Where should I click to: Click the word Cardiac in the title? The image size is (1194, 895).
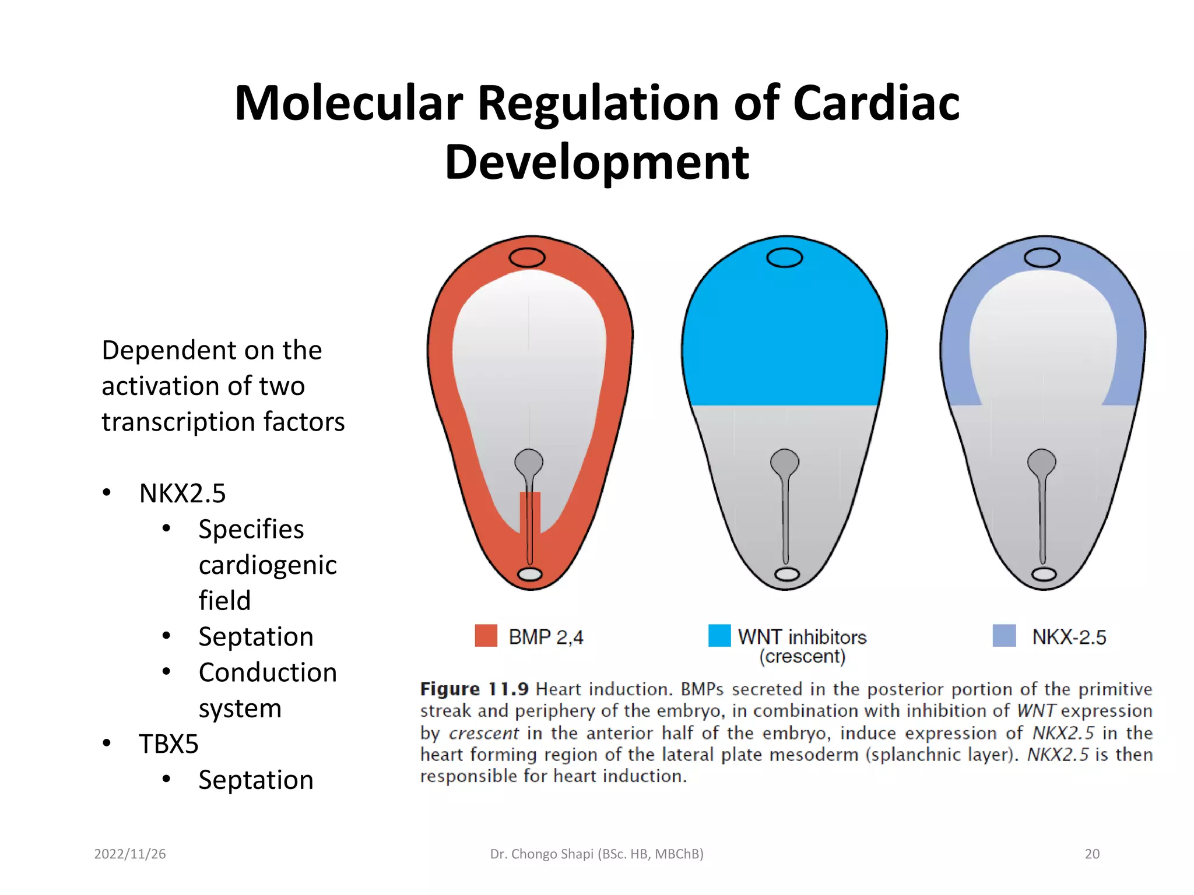[876, 103]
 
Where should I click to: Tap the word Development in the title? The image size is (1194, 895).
[596, 163]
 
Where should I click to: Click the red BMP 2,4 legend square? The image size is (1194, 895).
[486, 636]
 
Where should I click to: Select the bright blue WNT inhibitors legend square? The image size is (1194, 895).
[719, 636]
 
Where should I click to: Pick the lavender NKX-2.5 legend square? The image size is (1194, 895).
[1004, 636]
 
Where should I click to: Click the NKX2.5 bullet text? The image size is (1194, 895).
[182, 494]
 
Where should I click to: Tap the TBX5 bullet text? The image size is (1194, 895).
[168, 744]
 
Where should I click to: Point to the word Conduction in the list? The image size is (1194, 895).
[268, 672]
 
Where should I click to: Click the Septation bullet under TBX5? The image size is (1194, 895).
[256, 780]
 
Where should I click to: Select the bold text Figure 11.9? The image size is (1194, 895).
[474, 689]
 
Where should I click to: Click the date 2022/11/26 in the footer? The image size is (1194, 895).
[130, 854]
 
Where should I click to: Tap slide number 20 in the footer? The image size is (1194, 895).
[1091, 854]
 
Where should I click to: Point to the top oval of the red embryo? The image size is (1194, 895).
[527, 258]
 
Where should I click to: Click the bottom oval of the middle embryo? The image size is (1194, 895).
[786, 575]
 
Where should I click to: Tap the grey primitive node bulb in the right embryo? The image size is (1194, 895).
[1042, 462]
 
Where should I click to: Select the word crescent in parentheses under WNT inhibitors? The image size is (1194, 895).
[802, 657]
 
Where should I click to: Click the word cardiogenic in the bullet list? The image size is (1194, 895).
[268, 565]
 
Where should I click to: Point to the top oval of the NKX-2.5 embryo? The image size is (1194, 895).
[1042, 258]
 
